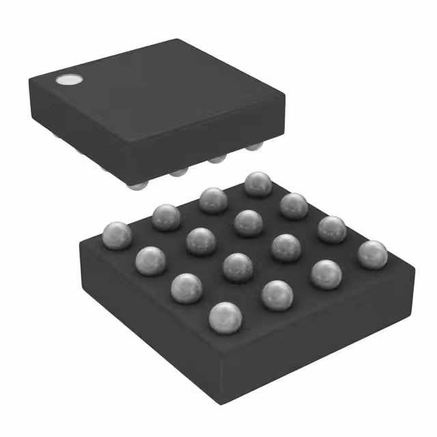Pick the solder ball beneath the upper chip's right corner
(x=254, y=145)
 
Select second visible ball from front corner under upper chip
(x=180, y=171)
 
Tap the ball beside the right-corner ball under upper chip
(x=217, y=158)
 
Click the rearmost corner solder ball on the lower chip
(x=258, y=184)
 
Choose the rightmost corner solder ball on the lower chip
(x=373, y=255)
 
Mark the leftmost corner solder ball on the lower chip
(x=117, y=236)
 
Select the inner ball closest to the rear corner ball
(x=249, y=223)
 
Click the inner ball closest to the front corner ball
(x=238, y=267)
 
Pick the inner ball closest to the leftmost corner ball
(x=200, y=241)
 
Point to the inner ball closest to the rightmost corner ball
(x=286, y=248)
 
